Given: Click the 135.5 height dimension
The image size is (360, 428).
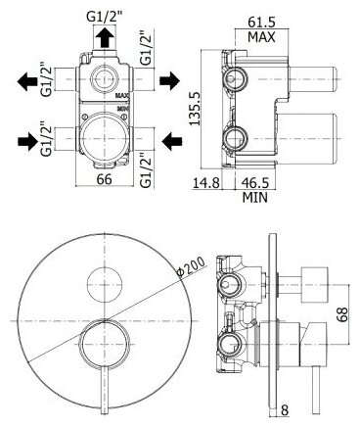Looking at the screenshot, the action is click(195, 109).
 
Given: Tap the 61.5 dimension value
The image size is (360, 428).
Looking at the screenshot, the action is click(261, 23).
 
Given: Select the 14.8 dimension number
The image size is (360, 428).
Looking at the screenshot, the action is click(205, 183).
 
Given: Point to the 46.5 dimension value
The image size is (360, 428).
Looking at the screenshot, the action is click(255, 183).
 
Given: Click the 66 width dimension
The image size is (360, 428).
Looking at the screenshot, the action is click(105, 179).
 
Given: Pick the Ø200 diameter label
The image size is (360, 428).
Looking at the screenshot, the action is click(191, 266).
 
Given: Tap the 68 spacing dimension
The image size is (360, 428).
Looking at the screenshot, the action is click(342, 314).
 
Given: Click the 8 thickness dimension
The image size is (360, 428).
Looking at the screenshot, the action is click(285, 410).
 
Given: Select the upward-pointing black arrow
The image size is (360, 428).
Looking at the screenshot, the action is click(105, 38).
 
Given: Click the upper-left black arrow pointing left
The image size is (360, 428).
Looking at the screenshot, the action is click(27, 81).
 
